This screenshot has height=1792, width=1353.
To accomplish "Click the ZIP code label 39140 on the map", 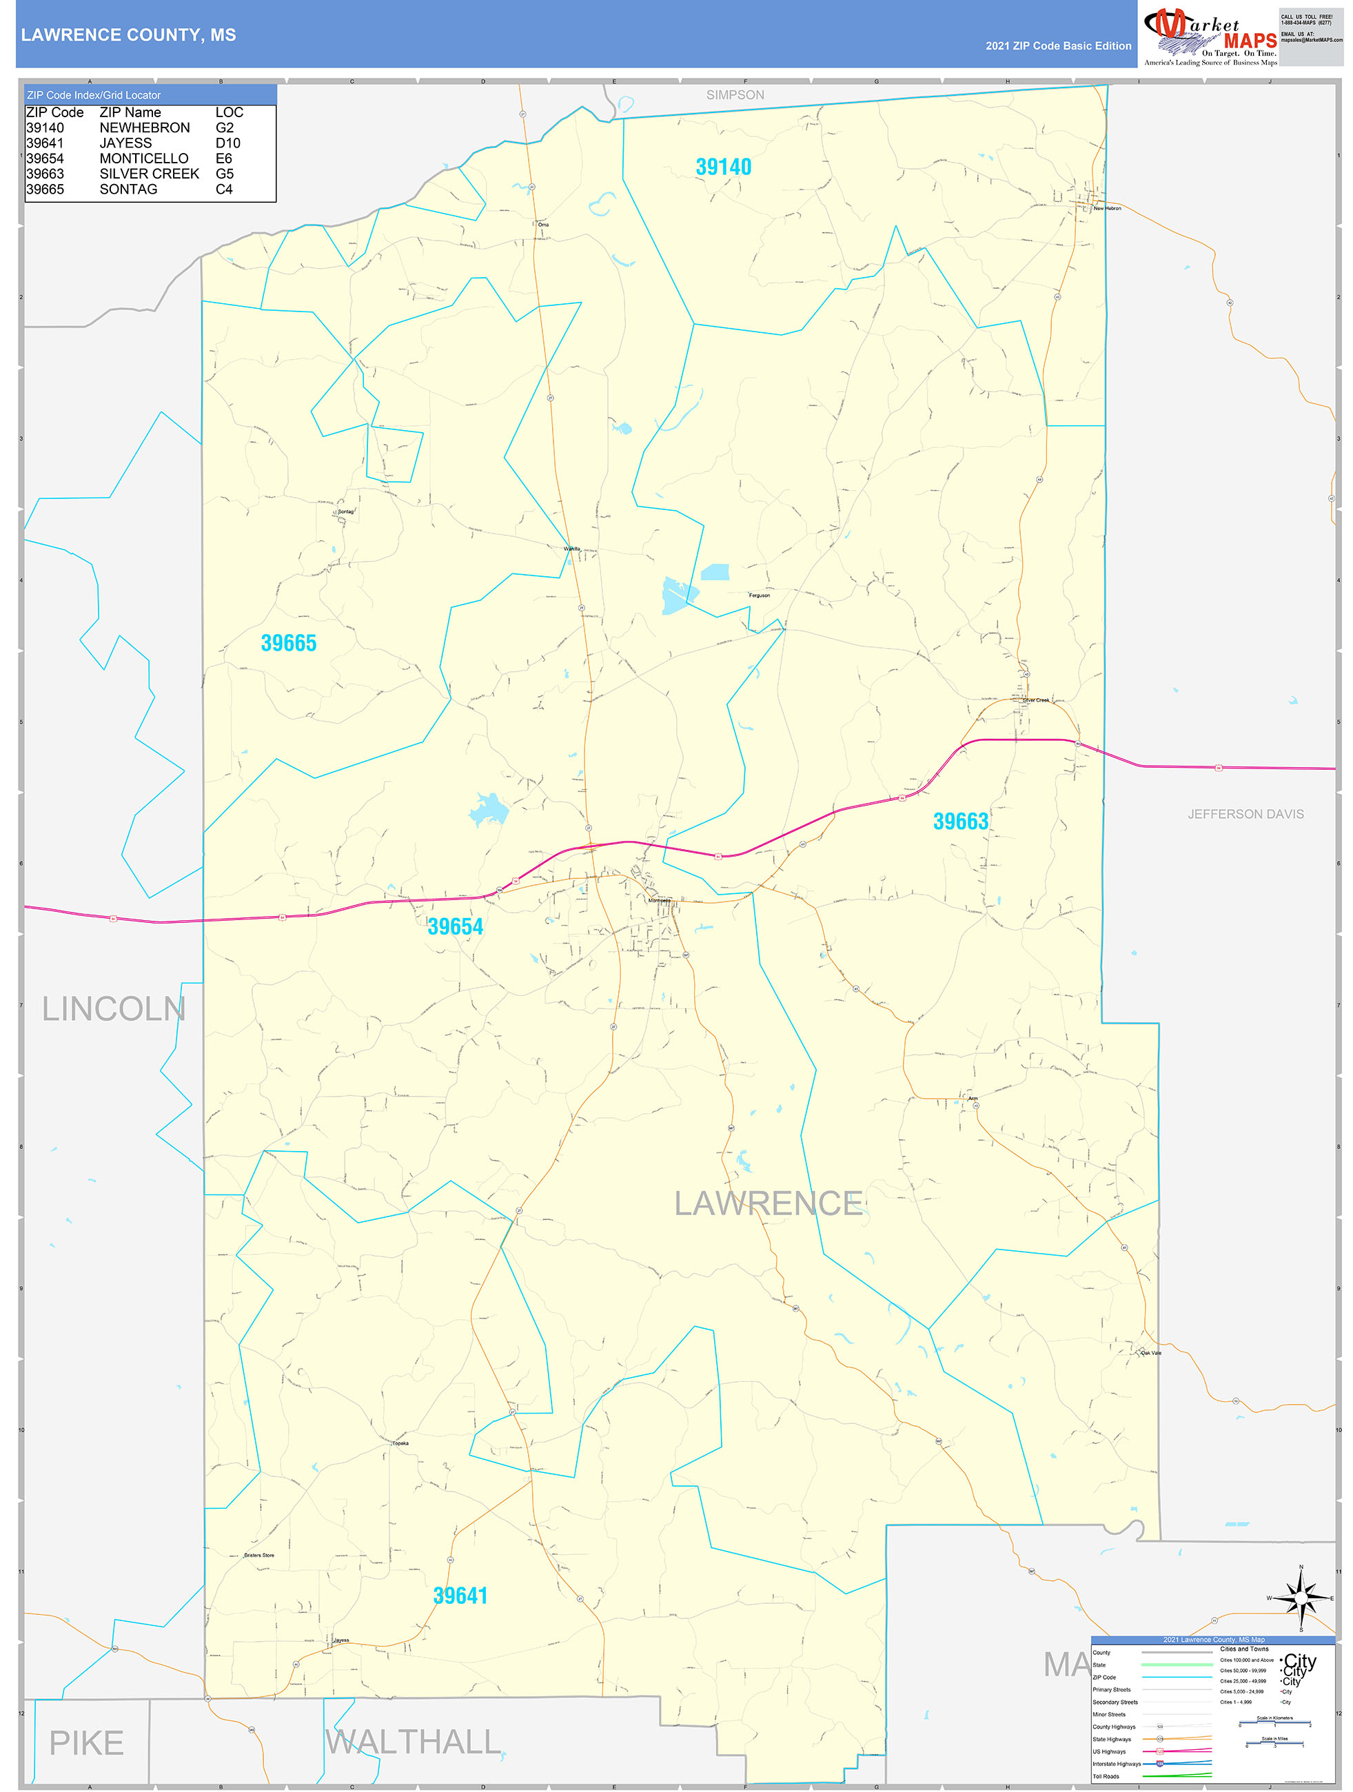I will [x=724, y=167].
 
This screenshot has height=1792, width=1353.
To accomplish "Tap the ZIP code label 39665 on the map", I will [x=288, y=643].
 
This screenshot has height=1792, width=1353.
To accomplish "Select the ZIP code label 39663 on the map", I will [x=960, y=822].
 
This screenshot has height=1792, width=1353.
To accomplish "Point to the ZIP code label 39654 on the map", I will [x=456, y=927].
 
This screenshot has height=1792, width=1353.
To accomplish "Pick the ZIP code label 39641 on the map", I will [x=460, y=1596].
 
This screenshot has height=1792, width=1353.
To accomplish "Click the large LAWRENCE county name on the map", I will [x=768, y=1204].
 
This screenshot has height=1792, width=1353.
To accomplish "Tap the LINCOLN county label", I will [x=114, y=1010].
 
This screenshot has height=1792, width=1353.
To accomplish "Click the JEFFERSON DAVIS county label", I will [x=1245, y=814].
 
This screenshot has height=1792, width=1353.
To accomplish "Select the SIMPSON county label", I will [x=735, y=95].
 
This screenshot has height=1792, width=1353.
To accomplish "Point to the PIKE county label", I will [x=87, y=1743].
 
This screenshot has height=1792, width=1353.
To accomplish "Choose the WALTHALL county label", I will [x=413, y=1742].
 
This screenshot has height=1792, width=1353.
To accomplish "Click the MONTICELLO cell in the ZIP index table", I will [x=143, y=159].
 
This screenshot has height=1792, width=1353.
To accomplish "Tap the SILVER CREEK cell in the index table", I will [x=149, y=174].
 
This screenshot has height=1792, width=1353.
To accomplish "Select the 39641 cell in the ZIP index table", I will [x=45, y=143].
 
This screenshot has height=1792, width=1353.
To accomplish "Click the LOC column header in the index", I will [x=230, y=112].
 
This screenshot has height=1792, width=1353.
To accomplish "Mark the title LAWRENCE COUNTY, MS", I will [x=129, y=35].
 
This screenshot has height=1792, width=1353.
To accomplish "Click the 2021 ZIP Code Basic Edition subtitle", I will [x=1058, y=46].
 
